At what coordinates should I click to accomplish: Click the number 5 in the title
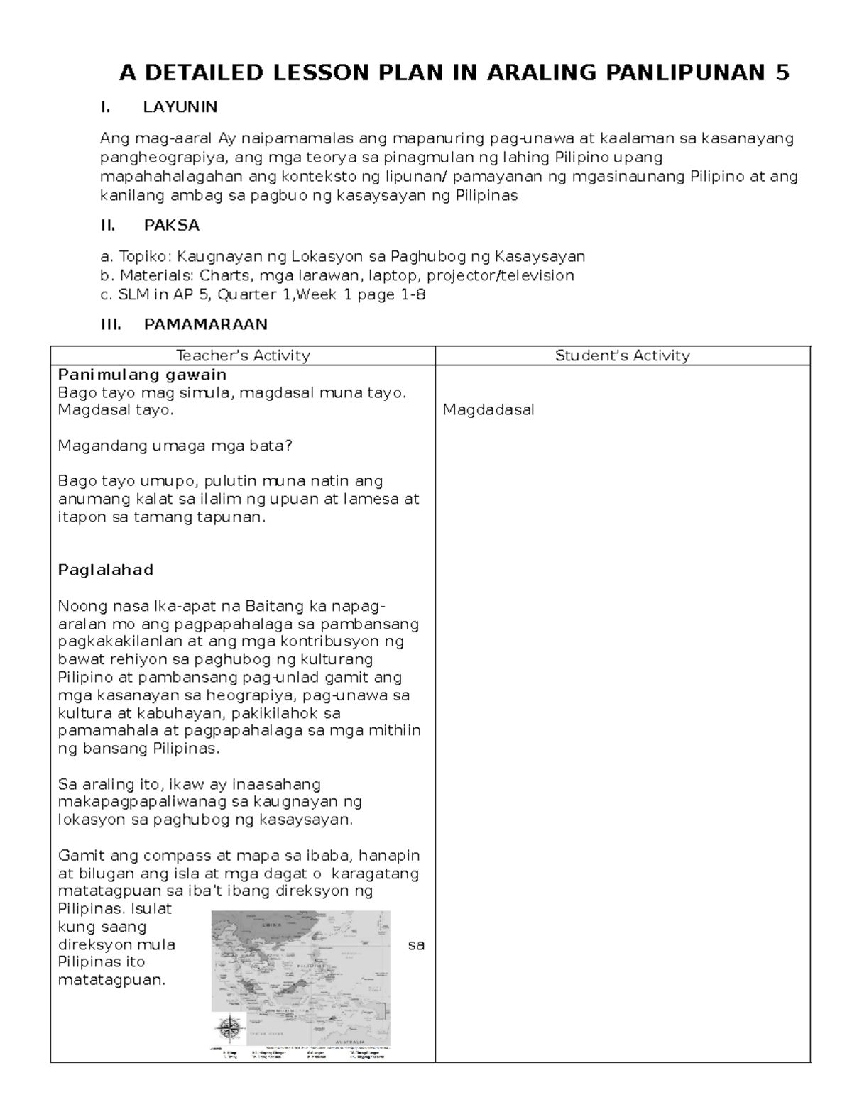point(782,72)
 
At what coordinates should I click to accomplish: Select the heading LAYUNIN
point(180,107)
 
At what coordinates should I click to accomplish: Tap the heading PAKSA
point(171,226)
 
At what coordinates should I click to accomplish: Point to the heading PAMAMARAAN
point(205,324)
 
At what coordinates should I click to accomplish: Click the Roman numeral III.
point(111,324)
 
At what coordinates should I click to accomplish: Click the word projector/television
point(500,275)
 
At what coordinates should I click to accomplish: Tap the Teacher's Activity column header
point(243,356)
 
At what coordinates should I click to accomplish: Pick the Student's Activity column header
point(622,356)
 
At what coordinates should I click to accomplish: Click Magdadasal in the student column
point(488,409)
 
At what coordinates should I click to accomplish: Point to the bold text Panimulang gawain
point(142,374)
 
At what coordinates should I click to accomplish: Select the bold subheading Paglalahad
point(105,570)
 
